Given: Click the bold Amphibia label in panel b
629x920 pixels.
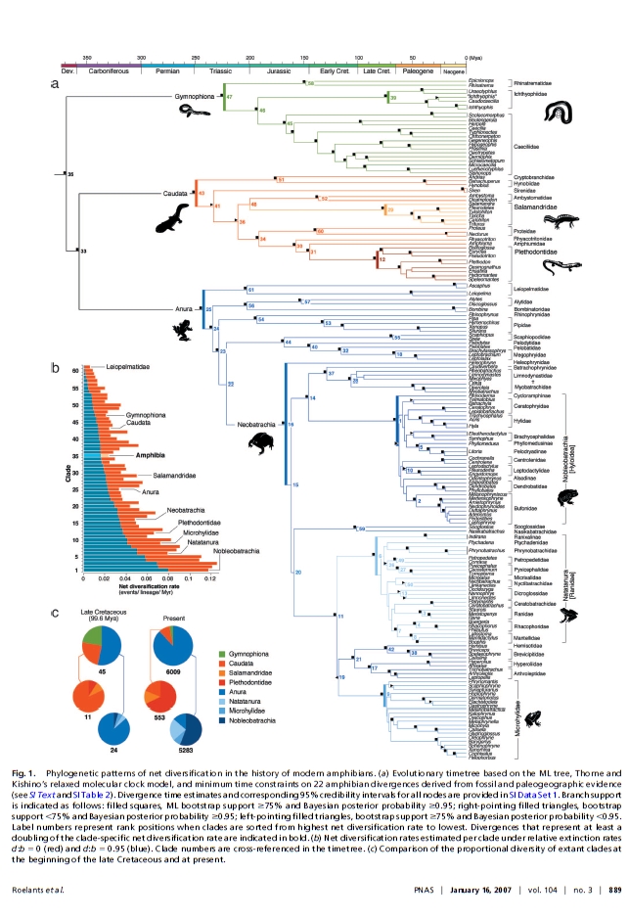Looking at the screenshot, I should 123,456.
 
